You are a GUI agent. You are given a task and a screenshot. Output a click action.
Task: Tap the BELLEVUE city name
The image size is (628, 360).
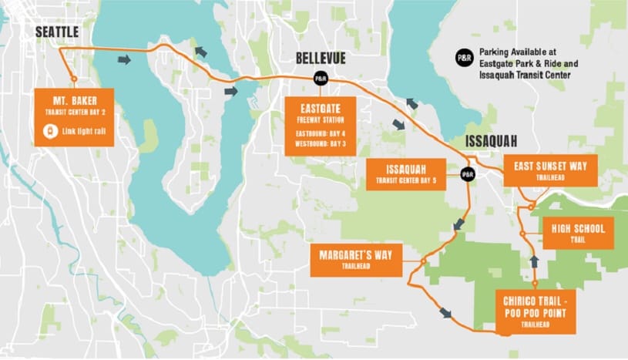(321, 59)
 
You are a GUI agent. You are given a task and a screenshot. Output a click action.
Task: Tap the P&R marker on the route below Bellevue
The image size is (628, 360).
(321, 78)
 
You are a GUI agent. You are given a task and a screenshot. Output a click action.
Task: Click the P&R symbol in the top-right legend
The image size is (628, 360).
(465, 56)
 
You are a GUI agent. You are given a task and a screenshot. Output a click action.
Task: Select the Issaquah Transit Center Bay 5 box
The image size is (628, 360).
(405, 173)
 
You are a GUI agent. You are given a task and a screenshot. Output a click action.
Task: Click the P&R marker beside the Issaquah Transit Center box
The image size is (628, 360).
(467, 174)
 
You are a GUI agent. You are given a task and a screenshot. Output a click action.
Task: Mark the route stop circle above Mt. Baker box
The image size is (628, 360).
(73, 78)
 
